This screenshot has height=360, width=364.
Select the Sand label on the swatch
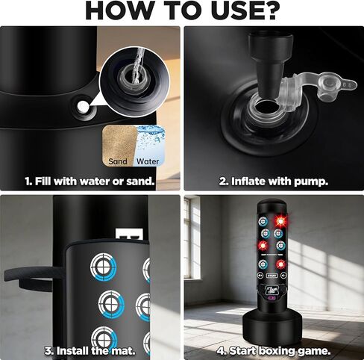(x=118, y=161)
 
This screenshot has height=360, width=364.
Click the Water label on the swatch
(x=148, y=161)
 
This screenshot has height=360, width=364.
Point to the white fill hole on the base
(x=83, y=107)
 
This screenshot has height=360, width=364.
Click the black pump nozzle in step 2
(x=269, y=62)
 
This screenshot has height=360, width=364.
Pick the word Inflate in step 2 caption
(x=248, y=181)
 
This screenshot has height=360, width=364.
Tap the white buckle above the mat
(x=129, y=235)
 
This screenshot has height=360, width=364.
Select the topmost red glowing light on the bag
(x=281, y=220)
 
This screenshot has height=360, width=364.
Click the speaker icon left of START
(x=260, y=276)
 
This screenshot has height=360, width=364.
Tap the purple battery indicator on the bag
(x=271, y=298)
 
